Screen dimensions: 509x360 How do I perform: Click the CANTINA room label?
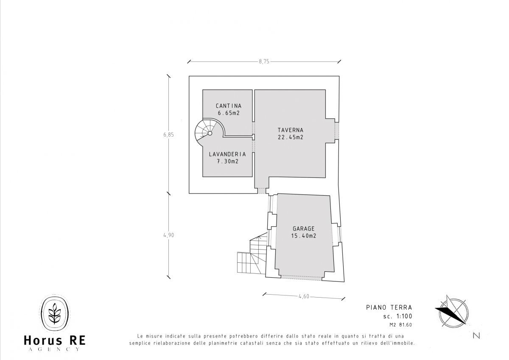[x=229, y=106]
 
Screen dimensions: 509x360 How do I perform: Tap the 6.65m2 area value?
[x=229, y=113]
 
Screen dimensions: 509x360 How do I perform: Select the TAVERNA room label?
[x=291, y=130]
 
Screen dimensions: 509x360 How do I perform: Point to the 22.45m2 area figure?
[x=291, y=138]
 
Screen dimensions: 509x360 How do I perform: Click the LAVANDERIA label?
[x=227, y=154]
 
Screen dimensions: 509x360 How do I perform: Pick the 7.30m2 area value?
[x=227, y=161]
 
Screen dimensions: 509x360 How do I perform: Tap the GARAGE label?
[x=304, y=228]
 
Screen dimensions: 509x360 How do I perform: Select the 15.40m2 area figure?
[x=304, y=236]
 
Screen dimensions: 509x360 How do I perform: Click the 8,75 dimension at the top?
[x=264, y=62]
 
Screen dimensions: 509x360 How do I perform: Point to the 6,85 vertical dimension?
[x=168, y=135]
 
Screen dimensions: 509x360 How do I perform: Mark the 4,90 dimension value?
[x=168, y=235]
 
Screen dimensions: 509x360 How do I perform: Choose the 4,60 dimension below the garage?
[x=304, y=296]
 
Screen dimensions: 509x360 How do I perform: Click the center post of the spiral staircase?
[x=210, y=133]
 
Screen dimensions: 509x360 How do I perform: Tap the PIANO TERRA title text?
[x=389, y=307]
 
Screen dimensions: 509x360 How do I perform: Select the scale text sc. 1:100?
[x=397, y=316]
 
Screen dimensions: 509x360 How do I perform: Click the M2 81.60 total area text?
[x=400, y=325]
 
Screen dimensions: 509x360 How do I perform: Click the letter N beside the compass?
[x=476, y=336]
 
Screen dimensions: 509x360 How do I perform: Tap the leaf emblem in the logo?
[x=55, y=313]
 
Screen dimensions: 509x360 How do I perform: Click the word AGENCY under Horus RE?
[x=55, y=349]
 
